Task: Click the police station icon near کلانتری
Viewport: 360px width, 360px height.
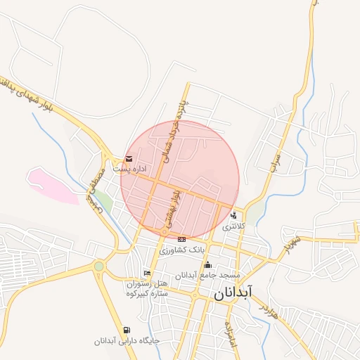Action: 233,216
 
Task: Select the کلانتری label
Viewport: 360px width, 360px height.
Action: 233,227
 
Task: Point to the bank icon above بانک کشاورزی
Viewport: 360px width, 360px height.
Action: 182,239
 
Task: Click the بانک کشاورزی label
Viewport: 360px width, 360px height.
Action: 182,250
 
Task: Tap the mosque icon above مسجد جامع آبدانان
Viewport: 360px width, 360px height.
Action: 207,264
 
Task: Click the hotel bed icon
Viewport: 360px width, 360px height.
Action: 146,273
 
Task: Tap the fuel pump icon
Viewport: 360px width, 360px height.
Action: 126,330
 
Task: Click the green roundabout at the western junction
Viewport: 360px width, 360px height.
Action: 98,266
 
